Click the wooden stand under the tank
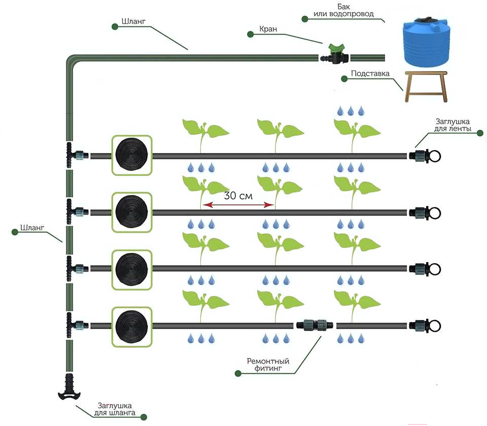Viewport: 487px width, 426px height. [426, 86]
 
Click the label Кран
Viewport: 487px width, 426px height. [268, 29]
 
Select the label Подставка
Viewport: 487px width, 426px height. [370, 74]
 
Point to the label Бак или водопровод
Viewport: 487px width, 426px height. [343, 10]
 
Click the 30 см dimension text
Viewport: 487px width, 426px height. [238, 196]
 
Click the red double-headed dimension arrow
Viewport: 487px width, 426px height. [238, 204]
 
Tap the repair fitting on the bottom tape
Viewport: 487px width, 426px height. [315, 326]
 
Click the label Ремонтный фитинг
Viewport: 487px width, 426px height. [268, 365]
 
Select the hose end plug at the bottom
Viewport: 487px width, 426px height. [69, 387]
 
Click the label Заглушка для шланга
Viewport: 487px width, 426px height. [115, 409]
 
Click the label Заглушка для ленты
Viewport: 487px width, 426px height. [453, 125]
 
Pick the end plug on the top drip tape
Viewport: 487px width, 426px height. [425, 156]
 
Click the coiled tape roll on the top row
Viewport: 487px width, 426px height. [132, 155]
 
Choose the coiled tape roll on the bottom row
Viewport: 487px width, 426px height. [132, 327]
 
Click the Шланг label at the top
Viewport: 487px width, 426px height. [133, 21]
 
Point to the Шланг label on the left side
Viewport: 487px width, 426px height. [32, 228]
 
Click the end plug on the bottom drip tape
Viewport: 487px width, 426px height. [425, 326]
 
